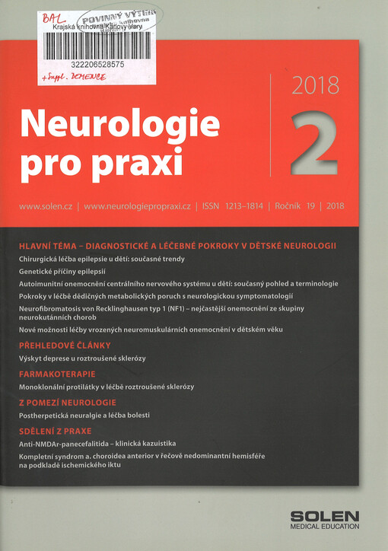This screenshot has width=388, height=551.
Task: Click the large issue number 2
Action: [x=313, y=140]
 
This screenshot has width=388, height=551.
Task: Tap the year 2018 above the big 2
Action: [x=316, y=86]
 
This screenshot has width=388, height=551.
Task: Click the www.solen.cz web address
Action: [x=46, y=206]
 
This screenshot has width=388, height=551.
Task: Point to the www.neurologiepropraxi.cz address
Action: [x=137, y=206]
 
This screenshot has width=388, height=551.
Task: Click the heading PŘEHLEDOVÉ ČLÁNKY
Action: [x=66, y=345]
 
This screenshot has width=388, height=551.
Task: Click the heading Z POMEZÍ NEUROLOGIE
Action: [x=68, y=402]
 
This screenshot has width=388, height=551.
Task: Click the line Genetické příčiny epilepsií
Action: [x=62, y=271]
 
